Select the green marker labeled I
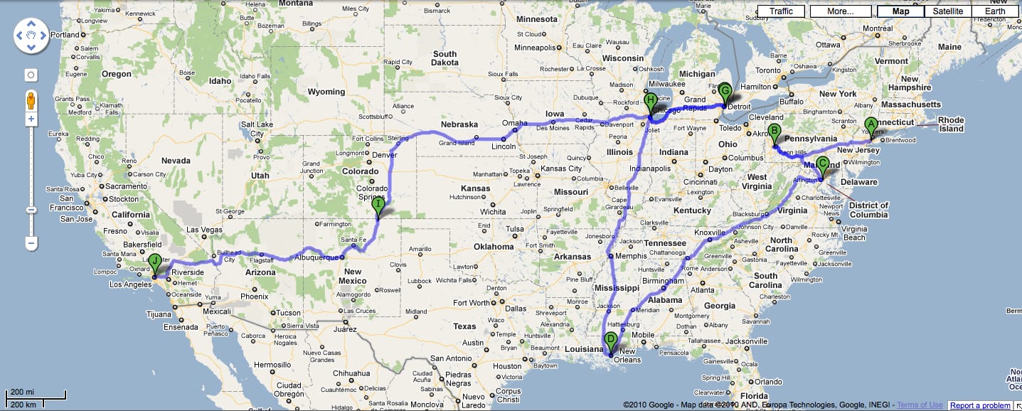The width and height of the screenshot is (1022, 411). point(378,206)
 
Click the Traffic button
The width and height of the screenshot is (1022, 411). point(780,11)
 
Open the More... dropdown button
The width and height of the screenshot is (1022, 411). point(840,11)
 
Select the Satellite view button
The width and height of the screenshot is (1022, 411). point(947,11)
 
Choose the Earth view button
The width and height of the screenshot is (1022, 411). point(995,11)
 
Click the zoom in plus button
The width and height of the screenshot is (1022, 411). point(31,119)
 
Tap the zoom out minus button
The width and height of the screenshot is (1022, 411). point(31,243)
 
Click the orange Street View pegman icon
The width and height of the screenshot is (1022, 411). point(31,99)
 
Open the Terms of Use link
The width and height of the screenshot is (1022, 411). point(920,405)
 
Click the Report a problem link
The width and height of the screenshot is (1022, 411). point(980,405)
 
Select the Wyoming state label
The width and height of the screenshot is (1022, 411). point(326,92)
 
